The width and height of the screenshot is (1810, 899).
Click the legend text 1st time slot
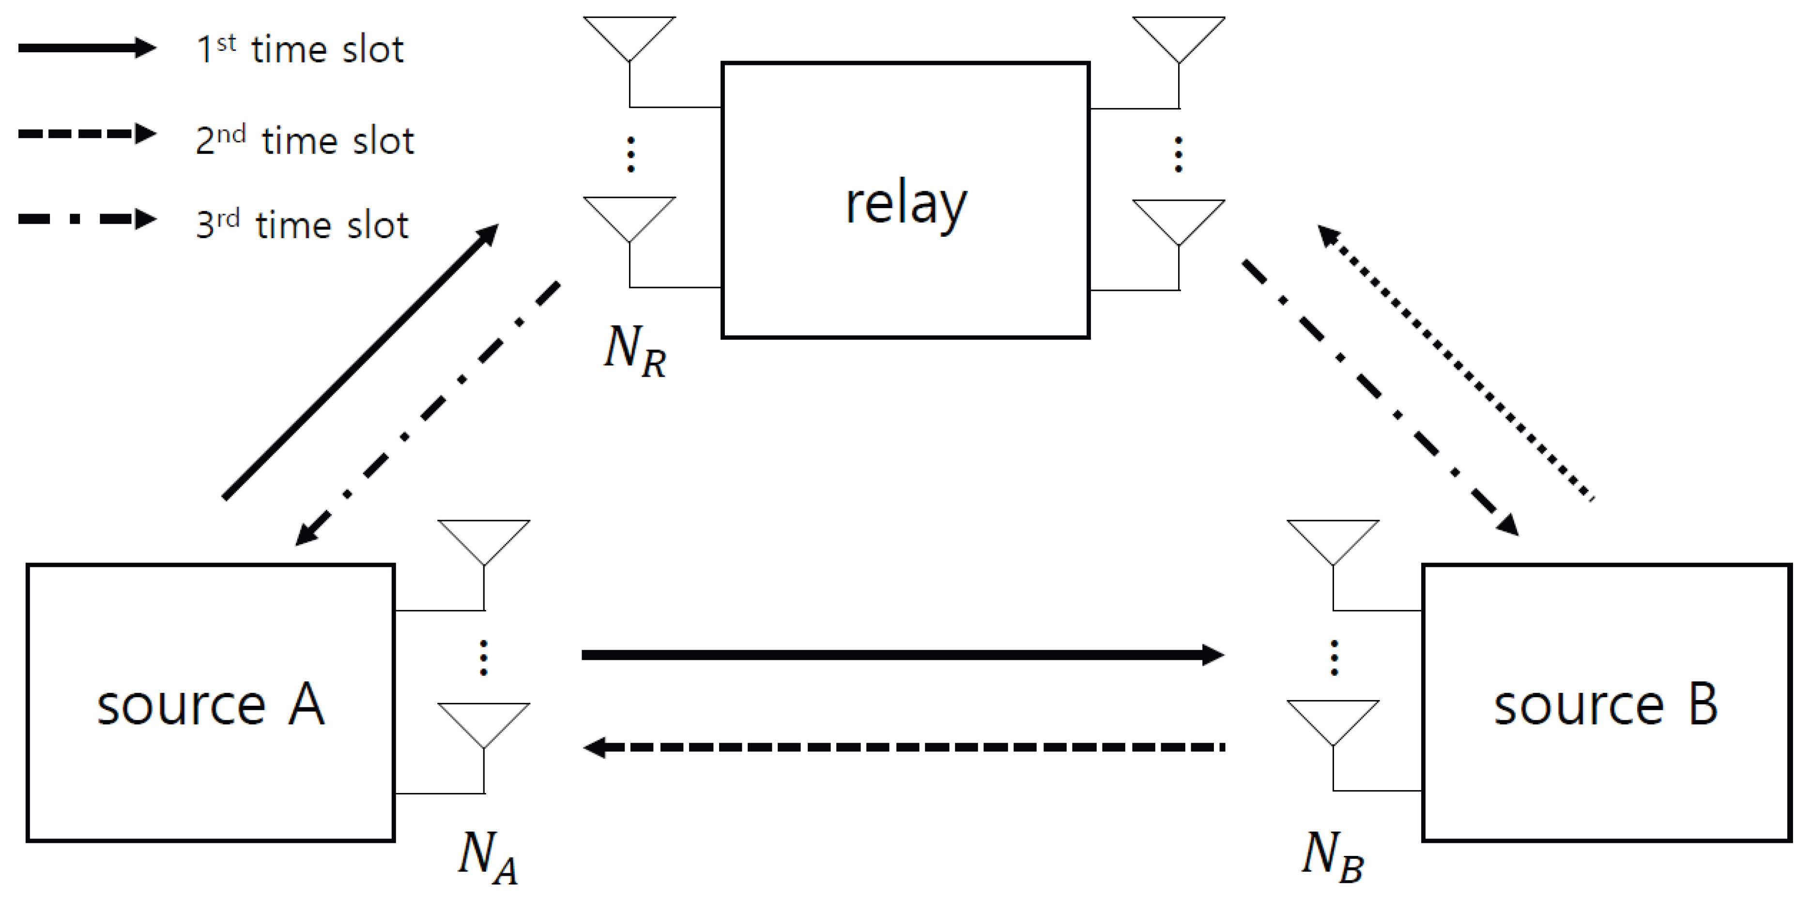300,50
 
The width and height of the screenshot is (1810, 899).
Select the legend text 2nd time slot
305,140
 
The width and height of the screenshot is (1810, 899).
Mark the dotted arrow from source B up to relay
1455,362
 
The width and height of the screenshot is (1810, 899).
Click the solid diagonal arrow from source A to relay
360,361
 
